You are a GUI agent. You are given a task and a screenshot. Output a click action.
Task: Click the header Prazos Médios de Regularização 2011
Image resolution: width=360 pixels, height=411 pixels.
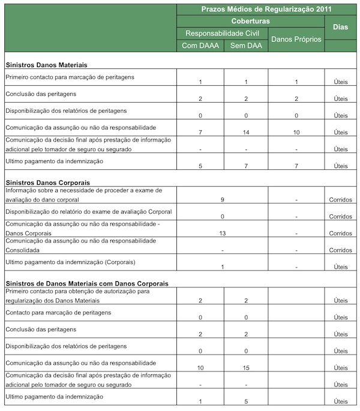tap(267, 9)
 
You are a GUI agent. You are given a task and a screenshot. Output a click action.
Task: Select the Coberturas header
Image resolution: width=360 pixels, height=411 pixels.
tap(250, 21)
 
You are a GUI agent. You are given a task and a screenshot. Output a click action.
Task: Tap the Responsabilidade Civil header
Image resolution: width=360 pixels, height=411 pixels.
tap(222, 33)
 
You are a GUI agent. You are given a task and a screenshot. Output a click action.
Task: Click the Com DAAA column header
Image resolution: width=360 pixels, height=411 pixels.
tap(200, 46)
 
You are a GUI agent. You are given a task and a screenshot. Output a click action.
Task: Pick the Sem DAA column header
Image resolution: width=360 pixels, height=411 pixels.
tap(245, 46)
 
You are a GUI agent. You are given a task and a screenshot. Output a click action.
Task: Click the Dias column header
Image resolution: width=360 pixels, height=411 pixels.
tap(340, 27)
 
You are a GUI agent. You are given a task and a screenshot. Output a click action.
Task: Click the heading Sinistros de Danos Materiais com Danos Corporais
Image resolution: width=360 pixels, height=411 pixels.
tap(86, 283)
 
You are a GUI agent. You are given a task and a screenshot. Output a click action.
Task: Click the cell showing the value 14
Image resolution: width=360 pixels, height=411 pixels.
tap(245, 132)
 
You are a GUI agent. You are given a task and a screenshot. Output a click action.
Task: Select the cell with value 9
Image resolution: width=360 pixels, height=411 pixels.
tap(222, 199)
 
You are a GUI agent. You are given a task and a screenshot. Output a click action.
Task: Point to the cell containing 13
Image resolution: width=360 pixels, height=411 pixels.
tap(222, 233)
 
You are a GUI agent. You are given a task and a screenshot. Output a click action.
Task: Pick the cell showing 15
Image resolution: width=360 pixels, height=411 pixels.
tap(245, 367)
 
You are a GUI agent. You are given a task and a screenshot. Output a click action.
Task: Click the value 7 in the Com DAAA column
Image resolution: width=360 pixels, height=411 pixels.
tap(200, 132)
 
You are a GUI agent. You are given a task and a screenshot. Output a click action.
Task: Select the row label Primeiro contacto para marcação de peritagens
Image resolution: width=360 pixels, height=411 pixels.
tap(69, 77)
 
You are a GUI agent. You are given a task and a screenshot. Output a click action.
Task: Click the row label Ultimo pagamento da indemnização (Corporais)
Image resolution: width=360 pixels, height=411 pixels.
tap(69, 262)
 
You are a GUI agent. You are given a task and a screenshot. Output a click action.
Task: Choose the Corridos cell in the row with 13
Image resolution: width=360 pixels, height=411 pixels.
tap(340, 233)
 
